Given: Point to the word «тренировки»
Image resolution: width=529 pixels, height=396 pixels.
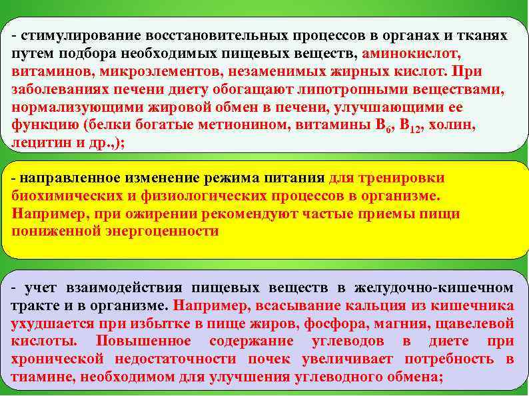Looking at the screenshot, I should [x=403, y=178].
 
